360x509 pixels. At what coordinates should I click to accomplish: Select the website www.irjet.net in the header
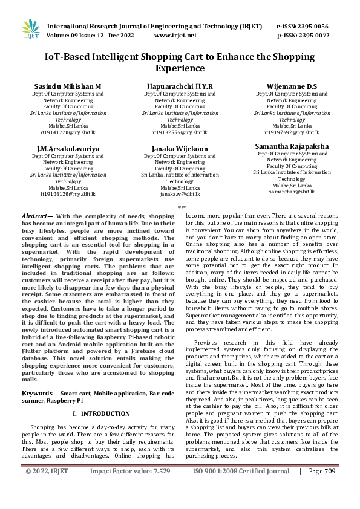pyautogui.click(x=175, y=36)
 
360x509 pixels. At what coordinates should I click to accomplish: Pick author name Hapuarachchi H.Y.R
pyautogui.click(x=180, y=87)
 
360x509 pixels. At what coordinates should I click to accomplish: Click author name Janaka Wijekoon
pyautogui.click(x=180, y=149)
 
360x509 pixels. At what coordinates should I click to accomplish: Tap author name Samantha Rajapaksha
pyautogui.click(x=292, y=146)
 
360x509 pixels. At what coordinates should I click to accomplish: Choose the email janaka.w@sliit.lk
pyautogui.click(x=180, y=194)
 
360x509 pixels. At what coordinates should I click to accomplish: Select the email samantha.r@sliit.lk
pyautogui.click(x=292, y=192)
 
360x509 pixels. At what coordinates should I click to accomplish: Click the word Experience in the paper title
pyautogui.click(x=180, y=68)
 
